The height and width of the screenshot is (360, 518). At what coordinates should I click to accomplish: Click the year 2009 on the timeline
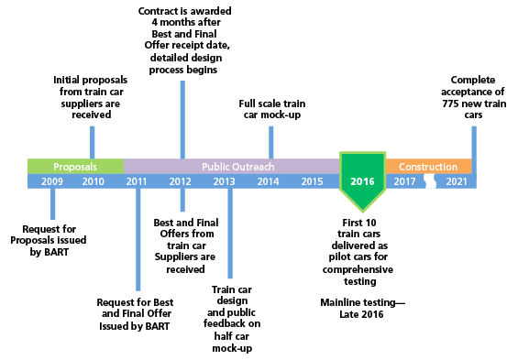(x=52, y=181)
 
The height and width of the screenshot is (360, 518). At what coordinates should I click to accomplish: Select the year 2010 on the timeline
(x=93, y=181)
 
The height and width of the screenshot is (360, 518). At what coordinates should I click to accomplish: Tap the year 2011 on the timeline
(x=137, y=181)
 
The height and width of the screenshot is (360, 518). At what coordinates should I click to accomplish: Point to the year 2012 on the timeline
(x=180, y=181)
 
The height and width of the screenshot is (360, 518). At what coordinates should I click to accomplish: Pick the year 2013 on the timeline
(x=224, y=181)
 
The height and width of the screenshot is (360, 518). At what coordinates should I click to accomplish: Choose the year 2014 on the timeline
(x=268, y=181)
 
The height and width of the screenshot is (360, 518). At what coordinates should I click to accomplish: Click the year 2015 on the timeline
(x=312, y=181)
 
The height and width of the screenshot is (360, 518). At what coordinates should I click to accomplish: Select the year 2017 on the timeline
(x=404, y=181)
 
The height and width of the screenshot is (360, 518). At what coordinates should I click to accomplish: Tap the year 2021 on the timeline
(x=456, y=181)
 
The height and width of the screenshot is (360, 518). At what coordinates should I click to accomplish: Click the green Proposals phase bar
(x=75, y=167)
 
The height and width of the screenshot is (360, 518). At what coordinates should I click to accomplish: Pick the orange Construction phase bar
(x=428, y=167)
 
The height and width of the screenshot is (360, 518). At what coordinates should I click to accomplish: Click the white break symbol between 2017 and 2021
(x=430, y=181)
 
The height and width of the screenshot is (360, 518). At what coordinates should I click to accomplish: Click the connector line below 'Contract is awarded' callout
(x=182, y=119)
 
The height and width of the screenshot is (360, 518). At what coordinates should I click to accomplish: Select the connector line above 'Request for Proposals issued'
(x=52, y=203)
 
